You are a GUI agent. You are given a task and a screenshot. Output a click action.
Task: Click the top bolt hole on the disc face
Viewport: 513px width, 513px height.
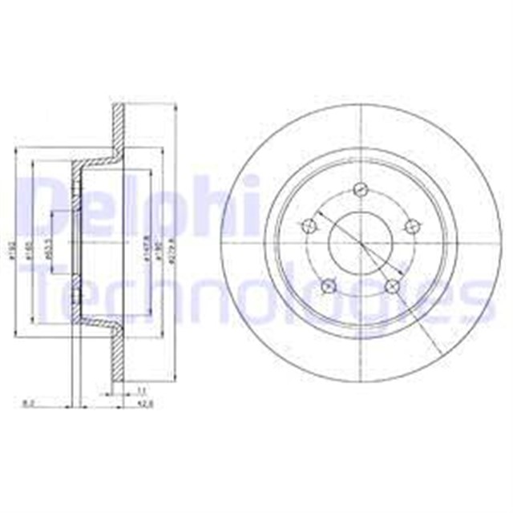pyautogui.click(x=360, y=191)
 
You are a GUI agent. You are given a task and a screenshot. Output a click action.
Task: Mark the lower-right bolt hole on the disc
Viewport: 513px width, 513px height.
pyautogui.click(x=391, y=285)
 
